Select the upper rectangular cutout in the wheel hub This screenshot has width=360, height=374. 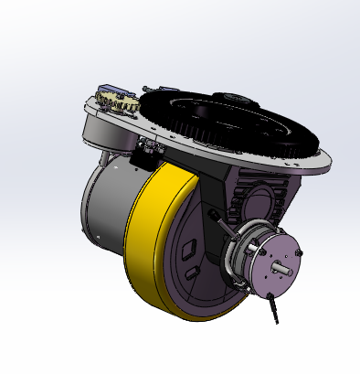[191, 247]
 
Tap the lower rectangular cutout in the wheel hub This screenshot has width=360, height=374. [190, 272]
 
